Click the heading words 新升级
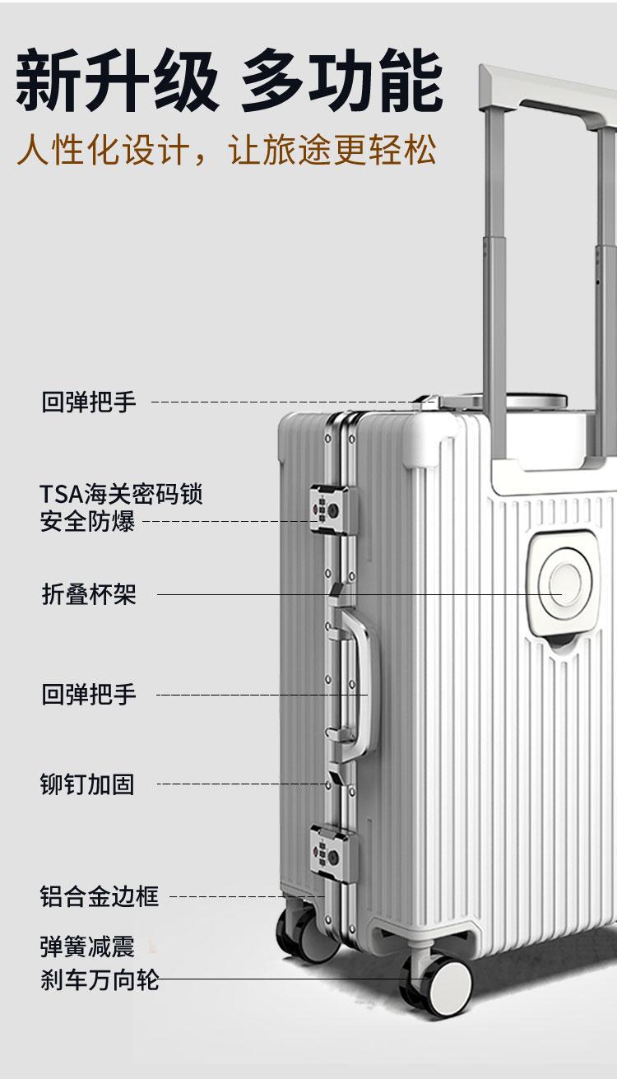tap(117, 81)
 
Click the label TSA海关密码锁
tap(121, 495)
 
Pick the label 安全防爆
tap(87, 521)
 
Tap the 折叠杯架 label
tap(89, 594)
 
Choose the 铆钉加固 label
tap(87, 784)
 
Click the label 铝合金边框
tap(99, 896)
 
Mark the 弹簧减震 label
tap(87, 947)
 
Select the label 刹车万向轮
tap(99, 980)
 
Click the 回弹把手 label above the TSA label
tap(89, 402)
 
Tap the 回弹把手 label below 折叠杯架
tap(89, 695)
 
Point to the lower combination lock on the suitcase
tap(328, 848)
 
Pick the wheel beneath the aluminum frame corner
tap(301, 935)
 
